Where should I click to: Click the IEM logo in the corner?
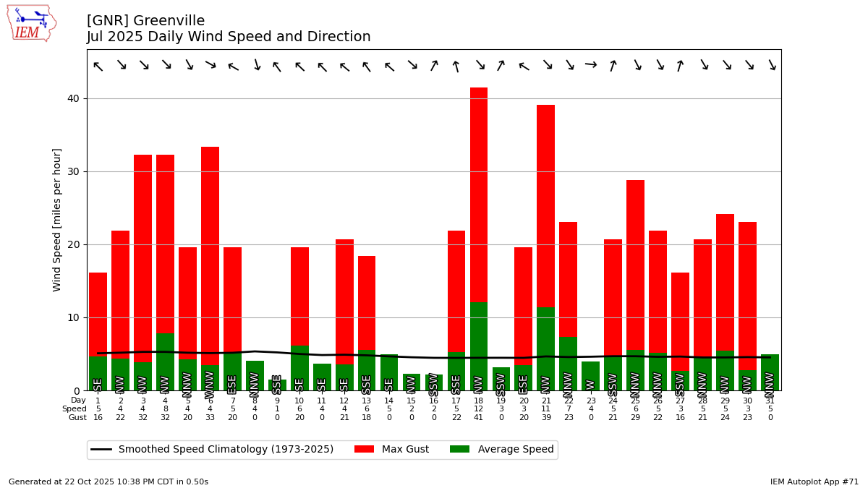click(31, 23)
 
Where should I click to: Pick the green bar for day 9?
click(277, 385)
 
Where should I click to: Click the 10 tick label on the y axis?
click(74, 317)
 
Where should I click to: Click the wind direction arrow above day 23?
click(591, 65)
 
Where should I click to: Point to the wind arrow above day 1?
click(98, 67)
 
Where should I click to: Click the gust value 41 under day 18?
click(479, 418)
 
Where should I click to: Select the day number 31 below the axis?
click(770, 401)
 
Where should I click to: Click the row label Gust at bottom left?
click(77, 418)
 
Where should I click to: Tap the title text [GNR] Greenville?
click(146, 21)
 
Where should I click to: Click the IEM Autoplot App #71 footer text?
click(814, 481)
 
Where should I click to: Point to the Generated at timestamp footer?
click(109, 481)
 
